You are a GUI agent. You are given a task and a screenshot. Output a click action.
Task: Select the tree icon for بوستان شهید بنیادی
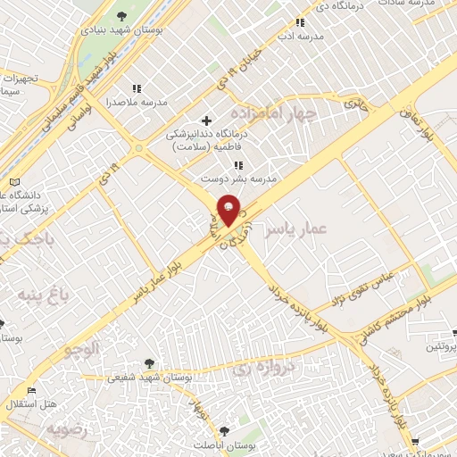[121, 16]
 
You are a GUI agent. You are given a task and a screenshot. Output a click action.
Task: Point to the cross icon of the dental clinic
[206, 120]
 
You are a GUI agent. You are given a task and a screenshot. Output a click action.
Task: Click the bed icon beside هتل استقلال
[33, 391]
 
